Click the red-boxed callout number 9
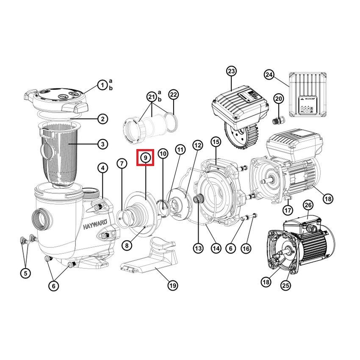point(145,158)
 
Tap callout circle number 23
point(231,71)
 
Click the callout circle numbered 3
point(102,144)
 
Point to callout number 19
point(172,285)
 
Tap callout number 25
point(286,286)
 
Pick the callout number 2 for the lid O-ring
point(102,119)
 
